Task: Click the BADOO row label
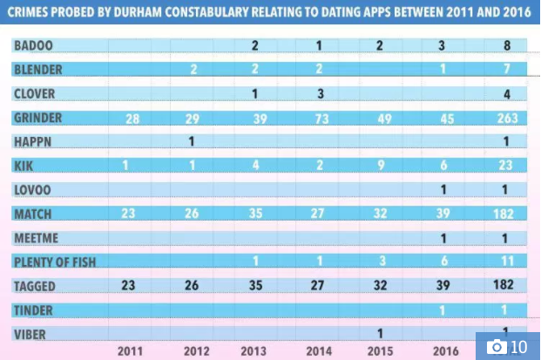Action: click(x=32, y=45)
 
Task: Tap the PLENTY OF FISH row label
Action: click(x=55, y=261)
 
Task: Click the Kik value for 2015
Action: click(x=380, y=166)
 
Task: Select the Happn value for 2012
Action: click(x=192, y=141)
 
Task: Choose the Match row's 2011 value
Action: click(x=129, y=213)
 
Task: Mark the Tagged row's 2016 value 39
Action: click(x=442, y=284)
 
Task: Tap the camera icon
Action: click(x=497, y=346)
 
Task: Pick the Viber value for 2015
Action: click(x=380, y=332)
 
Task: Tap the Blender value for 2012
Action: click(x=192, y=69)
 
